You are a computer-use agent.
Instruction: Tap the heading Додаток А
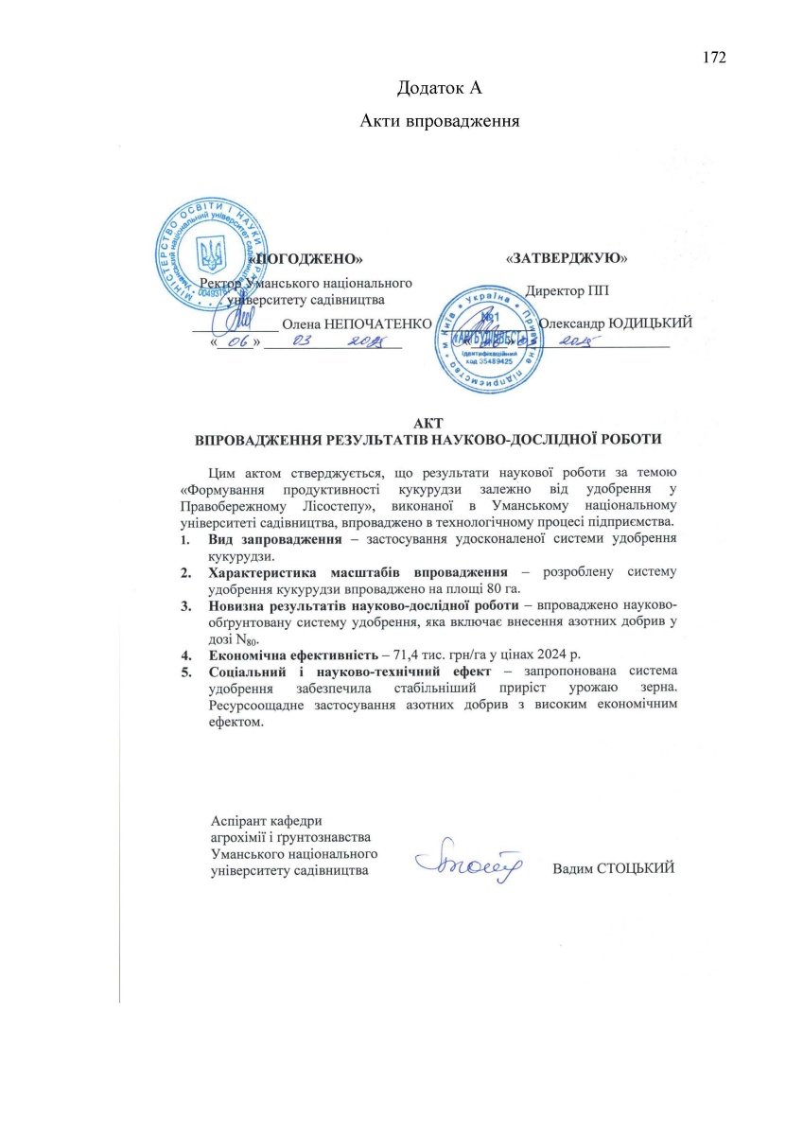click(x=441, y=89)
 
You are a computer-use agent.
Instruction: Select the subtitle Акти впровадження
click(x=441, y=121)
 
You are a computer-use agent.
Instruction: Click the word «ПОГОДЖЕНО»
click(x=306, y=258)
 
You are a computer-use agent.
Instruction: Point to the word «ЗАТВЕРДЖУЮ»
click(x=567, y=257)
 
